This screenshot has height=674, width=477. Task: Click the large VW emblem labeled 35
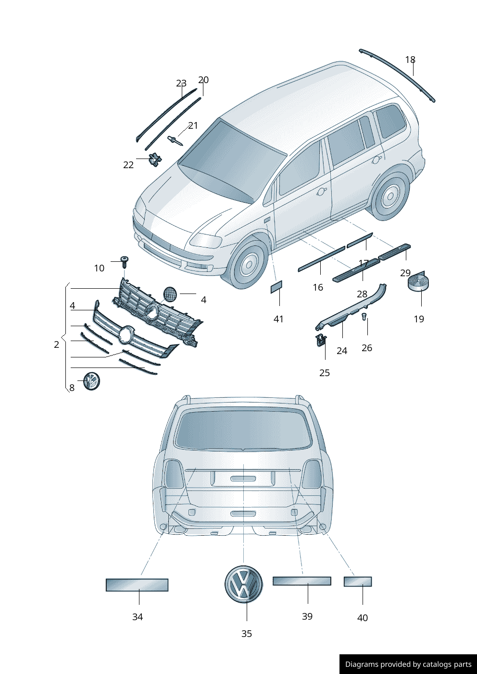pyautogui.click(x=243, y=583)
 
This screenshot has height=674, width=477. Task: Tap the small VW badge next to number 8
pyautogui.click(x=91, y=381)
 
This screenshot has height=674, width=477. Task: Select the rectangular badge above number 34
pyautogui.click(x=137, y=585)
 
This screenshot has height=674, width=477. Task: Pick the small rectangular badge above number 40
pyautogui.click(x=358, y=582)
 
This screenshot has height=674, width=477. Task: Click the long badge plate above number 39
pyautogui.click(x=302, y=581)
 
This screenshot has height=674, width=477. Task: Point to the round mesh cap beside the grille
pyautogui.click(x=170, y=294)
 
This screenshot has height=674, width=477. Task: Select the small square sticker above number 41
pyautogui.click(x=276, y=287)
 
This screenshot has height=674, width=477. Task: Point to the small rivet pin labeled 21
pyautogui.click(x=175, y=140)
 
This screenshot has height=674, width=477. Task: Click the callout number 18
pyautogui.click(x=410, y=60)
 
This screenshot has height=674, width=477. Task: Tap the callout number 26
pyautogui.click(x=367, y=348)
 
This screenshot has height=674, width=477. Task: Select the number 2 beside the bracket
pyautogui.click(x=57, y=344)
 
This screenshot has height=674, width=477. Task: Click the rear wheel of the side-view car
pyautogui.click(x=390, y=196)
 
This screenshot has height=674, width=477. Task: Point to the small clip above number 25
pyautogui.click(x=321, y=341)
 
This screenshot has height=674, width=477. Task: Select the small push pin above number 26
pyautogui.click(x=364, y=317)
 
